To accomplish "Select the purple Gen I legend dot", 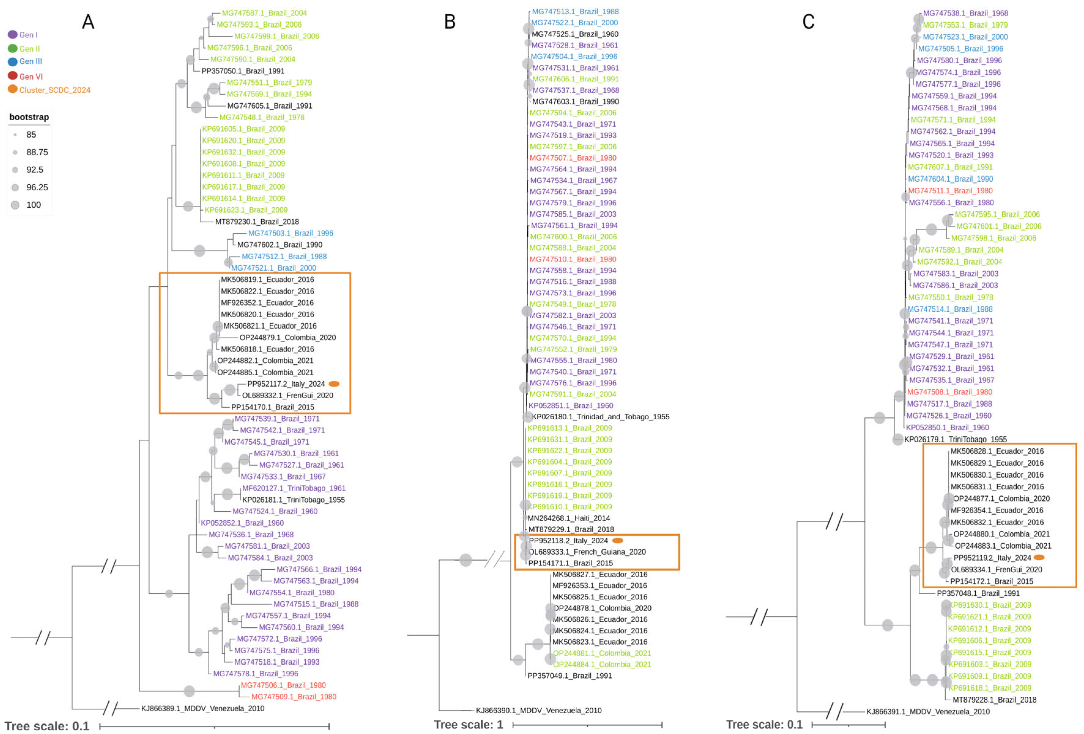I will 13,35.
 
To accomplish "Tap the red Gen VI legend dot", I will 13,76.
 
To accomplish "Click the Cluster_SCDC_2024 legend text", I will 54,90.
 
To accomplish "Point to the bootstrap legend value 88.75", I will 37,152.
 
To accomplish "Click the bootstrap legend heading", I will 29,117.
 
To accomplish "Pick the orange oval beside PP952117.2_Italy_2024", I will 334,384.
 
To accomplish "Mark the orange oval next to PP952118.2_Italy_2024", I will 618,541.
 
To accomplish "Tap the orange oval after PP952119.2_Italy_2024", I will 1039,557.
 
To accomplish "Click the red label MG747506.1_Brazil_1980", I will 283,685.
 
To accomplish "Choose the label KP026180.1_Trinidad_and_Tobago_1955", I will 600,417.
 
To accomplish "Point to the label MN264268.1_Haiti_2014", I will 569,518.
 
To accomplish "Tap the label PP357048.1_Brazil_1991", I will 978,593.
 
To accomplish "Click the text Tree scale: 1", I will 468,725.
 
